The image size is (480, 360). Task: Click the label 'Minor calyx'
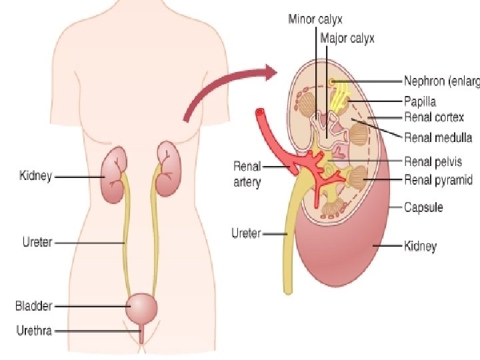(x=315, y=19)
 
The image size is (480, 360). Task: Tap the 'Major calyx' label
(x=347, y=38)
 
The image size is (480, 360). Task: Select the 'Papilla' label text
(x=420, y=101)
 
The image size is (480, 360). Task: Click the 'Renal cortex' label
(x=434, y=117)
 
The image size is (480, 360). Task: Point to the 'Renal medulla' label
(x=438, y=138)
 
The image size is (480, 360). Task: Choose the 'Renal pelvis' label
(x=433, y=161)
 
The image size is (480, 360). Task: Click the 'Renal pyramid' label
(x=438, y=179)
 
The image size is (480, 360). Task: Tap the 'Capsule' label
(x=423, y=207)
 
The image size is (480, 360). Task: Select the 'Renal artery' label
(x=247, y=173)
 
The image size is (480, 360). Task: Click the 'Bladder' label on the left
(x=33, y=306)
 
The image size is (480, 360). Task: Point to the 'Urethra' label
(x=34, y=329)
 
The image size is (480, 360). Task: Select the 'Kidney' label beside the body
(x=35, y=177)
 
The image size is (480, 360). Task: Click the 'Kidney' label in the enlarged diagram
(x=420, y=246)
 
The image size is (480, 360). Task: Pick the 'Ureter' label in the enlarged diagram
(x=245, y=233)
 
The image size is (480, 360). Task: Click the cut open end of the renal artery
(x=260, y=113)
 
